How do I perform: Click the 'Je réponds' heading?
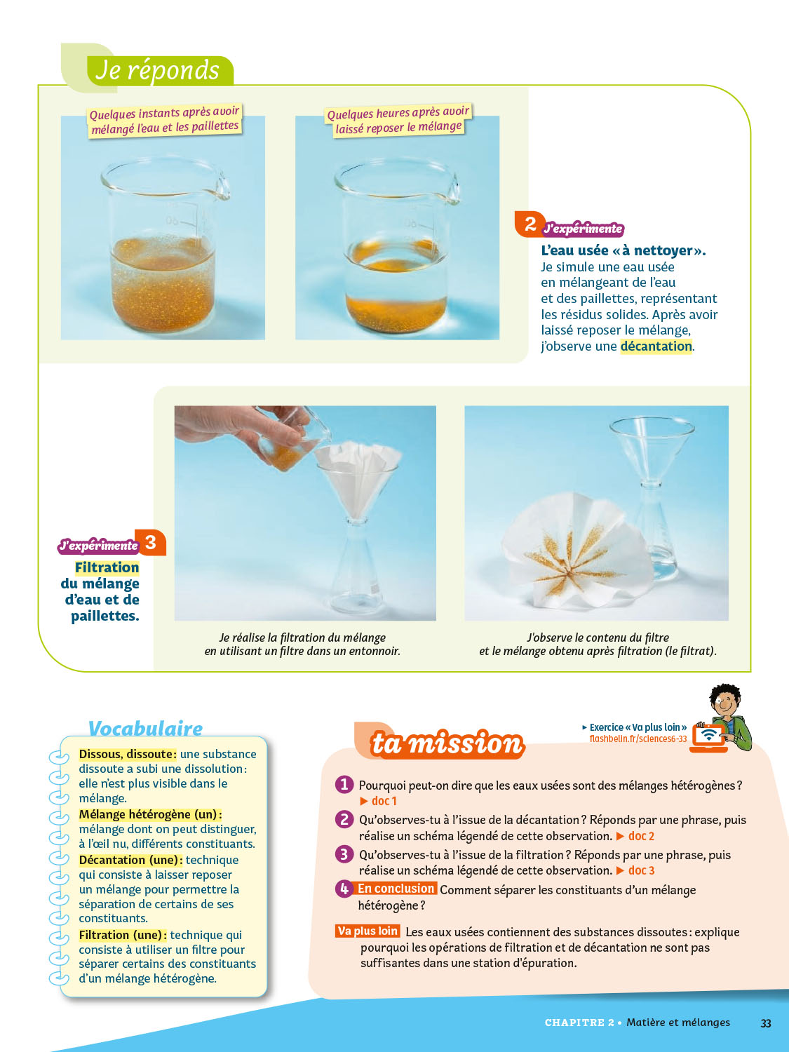point(157,70)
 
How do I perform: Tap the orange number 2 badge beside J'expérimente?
point(530,224)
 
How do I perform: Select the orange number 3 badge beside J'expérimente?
point(150,542)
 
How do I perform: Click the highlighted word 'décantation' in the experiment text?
point(656,346)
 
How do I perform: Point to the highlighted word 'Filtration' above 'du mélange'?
point(107,567)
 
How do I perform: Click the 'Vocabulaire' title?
point(145,728)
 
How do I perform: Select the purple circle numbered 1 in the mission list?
point(344,785)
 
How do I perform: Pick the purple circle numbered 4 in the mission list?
point(344,889)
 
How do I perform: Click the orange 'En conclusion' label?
point(396,889)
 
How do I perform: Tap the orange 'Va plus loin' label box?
point(367,931)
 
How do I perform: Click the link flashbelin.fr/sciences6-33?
point(638,739)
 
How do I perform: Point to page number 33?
point(766,1023)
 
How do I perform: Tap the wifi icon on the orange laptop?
point(709,734)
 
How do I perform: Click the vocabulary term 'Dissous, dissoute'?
point(126,754)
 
